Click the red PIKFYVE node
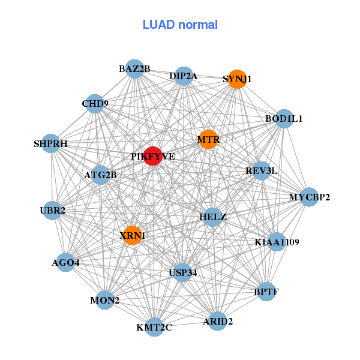click(x=153, y=156)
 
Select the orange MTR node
click(x=208, y=140)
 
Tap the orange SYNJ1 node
click(x=237, y=79)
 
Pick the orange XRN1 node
click(x=132, y=235)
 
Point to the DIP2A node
click(x=184, y=76)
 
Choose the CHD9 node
click(x=95, y=104)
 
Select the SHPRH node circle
click(x=51, y=144)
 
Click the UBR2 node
click(x=53, y=211)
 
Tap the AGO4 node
click(x=65, y=262)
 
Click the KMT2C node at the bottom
click(x=154, y=327)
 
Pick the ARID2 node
click(x=218, y=321)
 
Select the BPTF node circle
click(x=266, y=292)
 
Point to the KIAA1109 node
click(x=277, y=242)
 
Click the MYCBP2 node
click(x=309, y=197)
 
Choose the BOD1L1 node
click(x=284, y=119)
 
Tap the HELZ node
click(x=212, y=217)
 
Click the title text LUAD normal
click(x=180, y=25)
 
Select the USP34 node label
click(x=182, y=273)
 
